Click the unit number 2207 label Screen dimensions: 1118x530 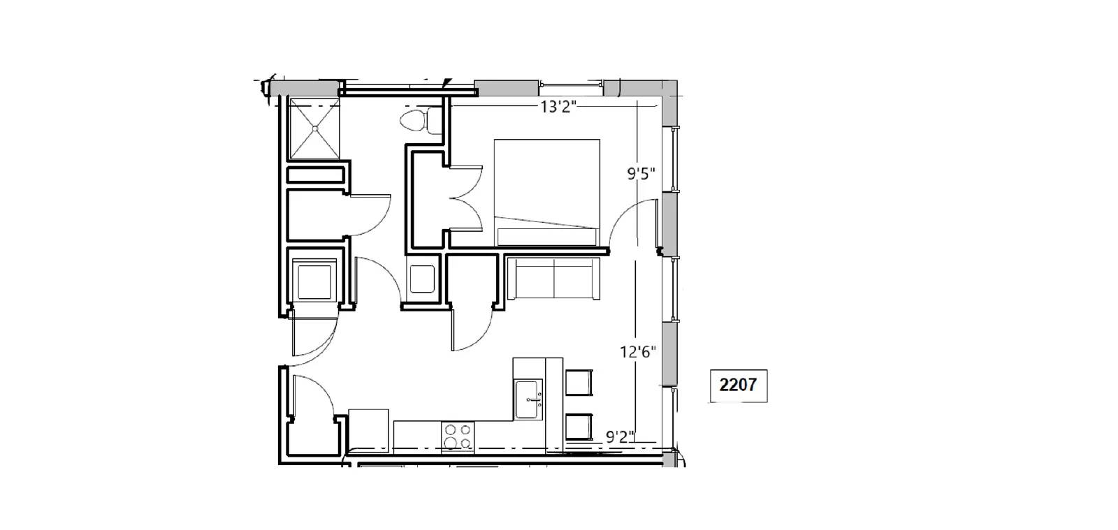click(x=738, y=385)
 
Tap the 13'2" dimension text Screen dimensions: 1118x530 click(x=558, y=107)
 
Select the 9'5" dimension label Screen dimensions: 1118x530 click(x=641, y=174)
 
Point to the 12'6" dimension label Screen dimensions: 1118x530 click(x=637, y=352)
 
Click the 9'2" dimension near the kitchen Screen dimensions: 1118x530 click(x=620, y=436)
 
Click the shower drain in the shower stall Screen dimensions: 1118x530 click(x=315, y=128)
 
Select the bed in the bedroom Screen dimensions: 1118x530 click(x=547, y=193)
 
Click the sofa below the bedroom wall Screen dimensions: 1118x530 click(x=553, y=279)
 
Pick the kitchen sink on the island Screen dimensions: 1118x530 click(x=528, y=399)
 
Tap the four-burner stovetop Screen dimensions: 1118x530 click(x=458, y=436)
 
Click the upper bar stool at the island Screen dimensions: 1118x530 click(x=579, y=383)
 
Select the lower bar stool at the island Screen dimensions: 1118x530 click(x=579, y=427)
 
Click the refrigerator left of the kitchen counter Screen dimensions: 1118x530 click(x=368, y=431)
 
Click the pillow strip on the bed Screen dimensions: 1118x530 click(x=547, y=237)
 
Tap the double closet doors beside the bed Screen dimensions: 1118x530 click(x=466, y=198)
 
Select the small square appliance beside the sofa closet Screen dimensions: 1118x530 click(x=422, y=279)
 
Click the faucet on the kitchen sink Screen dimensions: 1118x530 click(x=535, y=400)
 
